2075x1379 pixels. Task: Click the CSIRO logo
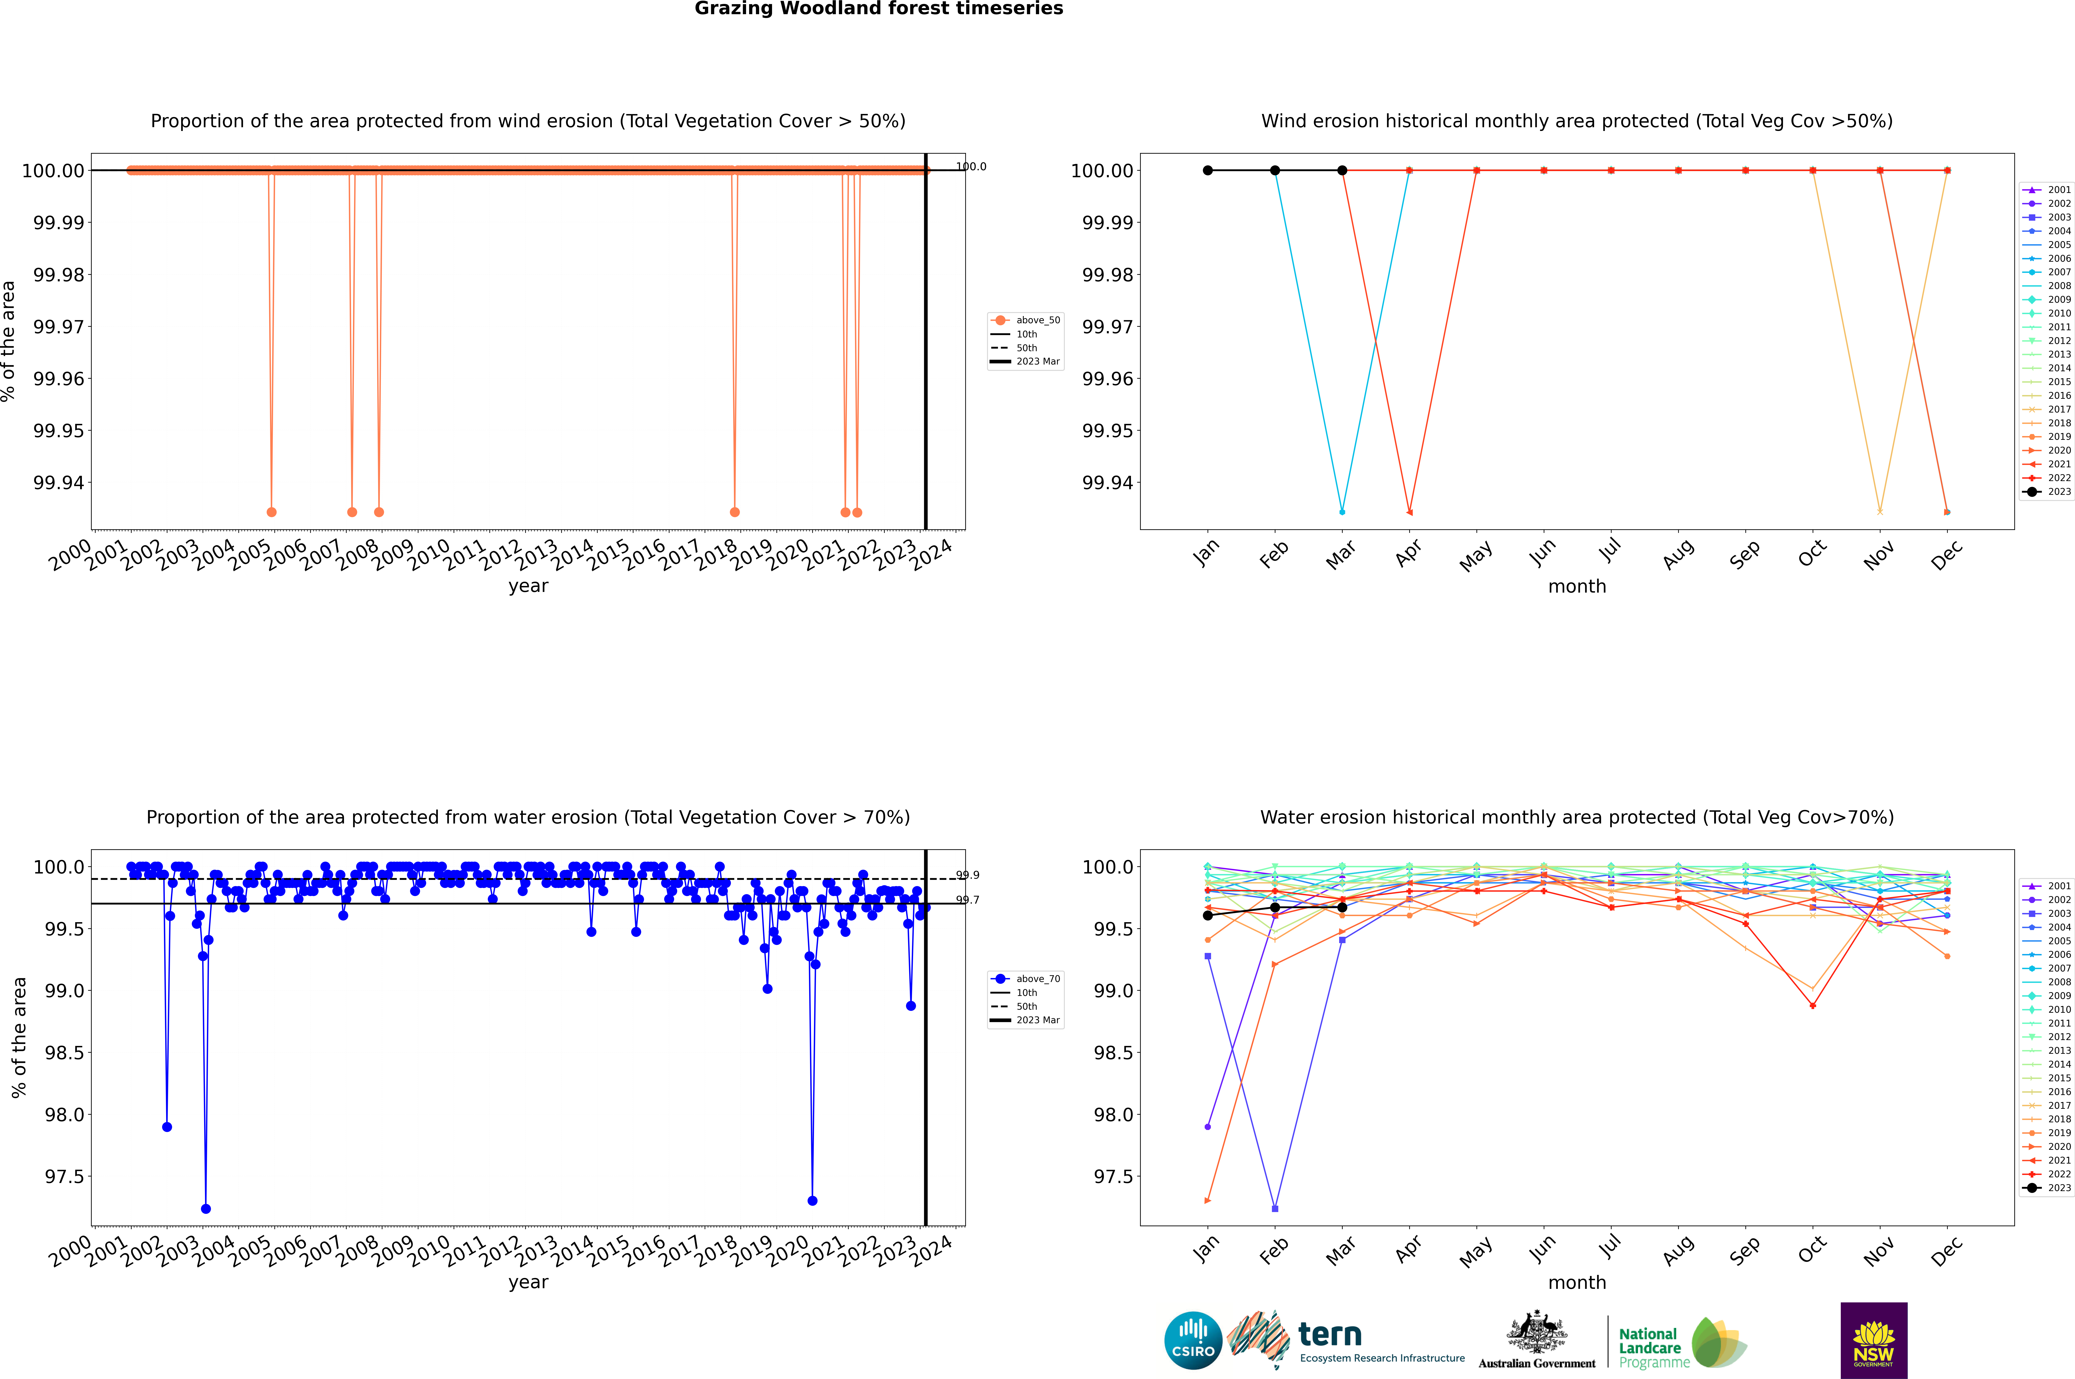point(1193,1340)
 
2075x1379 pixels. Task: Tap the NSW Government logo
point(1874,1340)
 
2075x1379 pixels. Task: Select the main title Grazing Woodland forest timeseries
point(879,9)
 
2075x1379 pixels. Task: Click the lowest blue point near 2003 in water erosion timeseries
point(206,1208)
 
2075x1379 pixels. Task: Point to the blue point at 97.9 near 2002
point(167,1127)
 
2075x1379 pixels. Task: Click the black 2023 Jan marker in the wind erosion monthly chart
point(1208,171)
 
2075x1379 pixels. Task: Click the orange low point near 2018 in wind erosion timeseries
point(735,512)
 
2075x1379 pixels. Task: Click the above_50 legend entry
point(1027,320)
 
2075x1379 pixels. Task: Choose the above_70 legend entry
point(1027,979)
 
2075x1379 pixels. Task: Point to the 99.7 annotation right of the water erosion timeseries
point(968,900)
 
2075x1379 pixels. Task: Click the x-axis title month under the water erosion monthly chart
point(1576,1282)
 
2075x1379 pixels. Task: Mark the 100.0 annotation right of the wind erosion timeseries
point(971,166)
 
